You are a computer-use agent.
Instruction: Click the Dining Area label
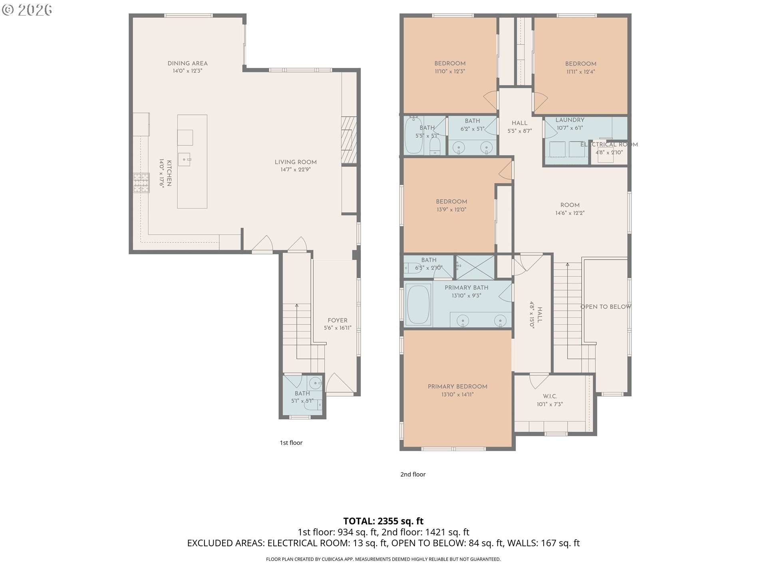pos(187,63)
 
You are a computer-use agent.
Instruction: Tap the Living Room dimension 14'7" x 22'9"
pos(296,170)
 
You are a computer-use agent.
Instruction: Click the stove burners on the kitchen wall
pos(141,183)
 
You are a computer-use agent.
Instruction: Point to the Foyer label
pos(337,320)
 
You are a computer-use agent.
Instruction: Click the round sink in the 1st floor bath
pos(316,383)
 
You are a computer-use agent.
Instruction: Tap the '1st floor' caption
pos(291,442)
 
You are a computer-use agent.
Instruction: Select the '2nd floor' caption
pos(413,474)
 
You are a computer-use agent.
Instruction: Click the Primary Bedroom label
pos(457,387)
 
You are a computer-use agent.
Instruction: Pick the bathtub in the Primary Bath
pos(418,303)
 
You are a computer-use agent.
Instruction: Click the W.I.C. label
pos(550,396)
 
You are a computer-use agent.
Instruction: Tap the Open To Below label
pos(606,307)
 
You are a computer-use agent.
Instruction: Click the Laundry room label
pos(570,120)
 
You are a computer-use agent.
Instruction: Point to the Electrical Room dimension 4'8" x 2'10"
pos(609,152)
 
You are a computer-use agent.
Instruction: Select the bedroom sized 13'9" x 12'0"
pos(451,205)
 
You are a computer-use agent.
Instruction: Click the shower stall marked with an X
pos(475,267)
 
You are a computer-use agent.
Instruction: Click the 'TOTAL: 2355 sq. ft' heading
pos(383,521)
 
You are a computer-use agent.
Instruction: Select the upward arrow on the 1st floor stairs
pos(296,306)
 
